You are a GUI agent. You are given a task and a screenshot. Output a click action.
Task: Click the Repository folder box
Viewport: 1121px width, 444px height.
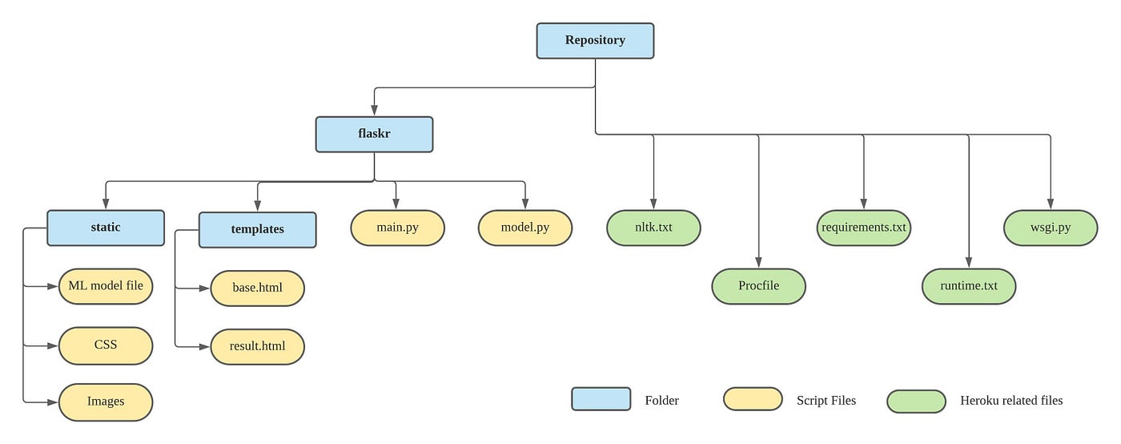click(x=595, y=40)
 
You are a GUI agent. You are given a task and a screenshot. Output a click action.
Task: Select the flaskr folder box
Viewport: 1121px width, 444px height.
click(x=374, y=134)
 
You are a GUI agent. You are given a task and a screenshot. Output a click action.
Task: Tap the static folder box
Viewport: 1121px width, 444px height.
click(x=106, y=228)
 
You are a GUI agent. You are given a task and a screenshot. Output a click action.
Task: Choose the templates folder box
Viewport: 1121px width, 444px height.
click(x=257, y=229)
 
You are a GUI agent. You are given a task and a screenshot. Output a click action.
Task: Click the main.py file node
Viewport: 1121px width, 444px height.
click(x=397, y=228)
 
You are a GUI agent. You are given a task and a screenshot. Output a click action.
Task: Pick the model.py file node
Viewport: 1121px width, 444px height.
click(x=525, y=228)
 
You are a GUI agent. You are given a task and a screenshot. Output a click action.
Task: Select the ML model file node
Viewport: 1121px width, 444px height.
click(x=106, y=286)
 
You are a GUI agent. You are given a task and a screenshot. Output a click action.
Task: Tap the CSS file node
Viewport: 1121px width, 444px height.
click(x=106, y=345)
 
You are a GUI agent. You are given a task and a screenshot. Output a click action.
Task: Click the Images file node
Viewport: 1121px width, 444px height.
click(x=106, y=402)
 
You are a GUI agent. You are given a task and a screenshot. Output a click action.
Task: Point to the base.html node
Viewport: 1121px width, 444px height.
click(x=257, y=288)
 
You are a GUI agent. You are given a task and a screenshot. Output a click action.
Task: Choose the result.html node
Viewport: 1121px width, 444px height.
click(x=257, y=346)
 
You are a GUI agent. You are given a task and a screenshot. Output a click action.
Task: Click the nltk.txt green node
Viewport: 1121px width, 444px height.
click(x=653, y=228)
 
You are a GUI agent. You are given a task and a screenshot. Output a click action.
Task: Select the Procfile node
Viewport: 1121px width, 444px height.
click(x=758, y=286)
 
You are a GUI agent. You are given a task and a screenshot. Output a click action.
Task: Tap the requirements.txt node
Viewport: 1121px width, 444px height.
click(x=864, y=228)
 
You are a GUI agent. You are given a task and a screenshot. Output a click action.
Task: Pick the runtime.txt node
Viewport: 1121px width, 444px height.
click(x=969, y=286)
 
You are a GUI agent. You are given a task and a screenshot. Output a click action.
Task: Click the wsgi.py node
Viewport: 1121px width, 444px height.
click(x=1051, y=228)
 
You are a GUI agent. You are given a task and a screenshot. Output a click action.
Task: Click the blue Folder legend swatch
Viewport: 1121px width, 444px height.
click(x=601, y=399)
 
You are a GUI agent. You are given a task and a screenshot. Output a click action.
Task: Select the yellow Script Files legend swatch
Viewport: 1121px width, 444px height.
click(x=753, y=399)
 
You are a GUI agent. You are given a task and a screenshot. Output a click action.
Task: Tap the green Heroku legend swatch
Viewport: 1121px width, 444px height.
click(x=916, y=401)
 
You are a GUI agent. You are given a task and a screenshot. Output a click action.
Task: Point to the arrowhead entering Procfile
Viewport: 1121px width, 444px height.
click(x=758, y=264)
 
